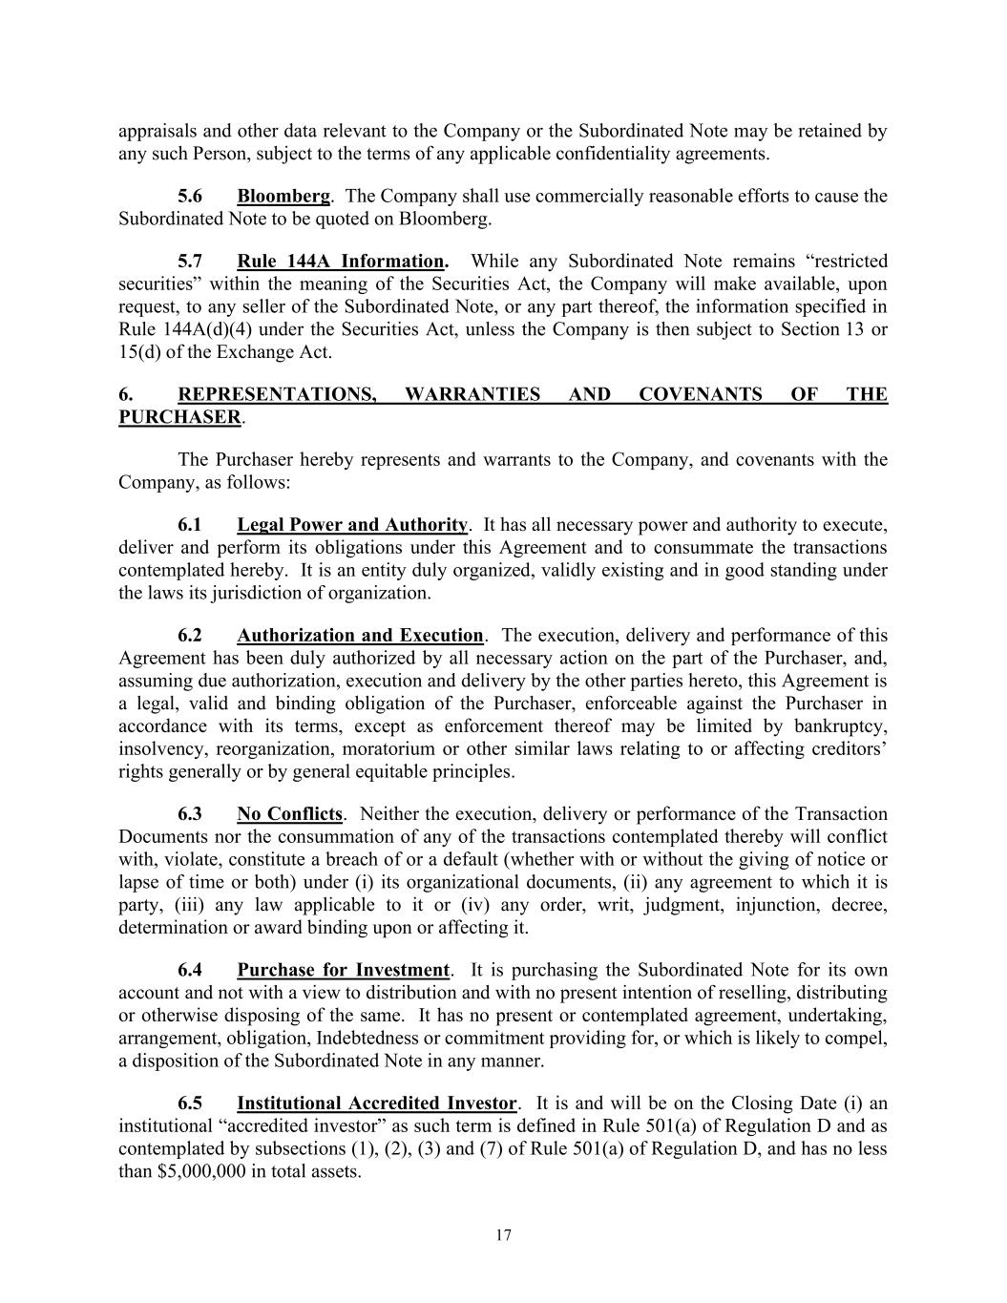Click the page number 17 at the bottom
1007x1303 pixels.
pos(504,1235)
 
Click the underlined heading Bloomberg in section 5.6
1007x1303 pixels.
pos(283,196)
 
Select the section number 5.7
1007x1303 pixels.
pos(190,261)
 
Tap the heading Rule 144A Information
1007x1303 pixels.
pos(342,261)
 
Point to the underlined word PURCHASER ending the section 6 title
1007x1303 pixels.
pos(179,417)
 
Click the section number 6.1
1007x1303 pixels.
pos(190,524)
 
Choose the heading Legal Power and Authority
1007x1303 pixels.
pos(352,524)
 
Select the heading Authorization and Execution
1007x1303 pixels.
pos(360,635)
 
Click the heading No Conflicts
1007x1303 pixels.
pos(289,813)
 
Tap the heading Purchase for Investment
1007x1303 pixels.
pos(343,970)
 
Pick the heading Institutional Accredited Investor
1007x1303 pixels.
pos(376,1103)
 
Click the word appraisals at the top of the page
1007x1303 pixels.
pos(157,131)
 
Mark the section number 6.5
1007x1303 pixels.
pos(190,1103)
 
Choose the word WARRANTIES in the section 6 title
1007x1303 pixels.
pos(472,394)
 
